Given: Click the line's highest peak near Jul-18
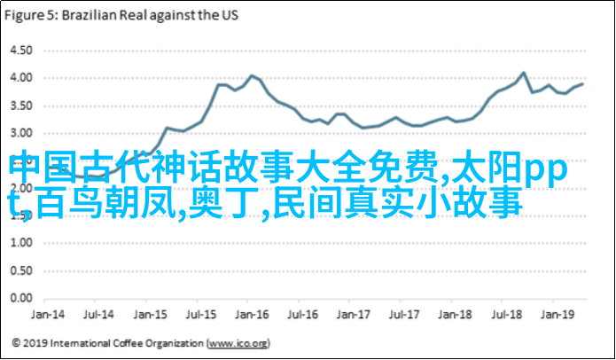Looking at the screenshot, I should click(x=523, y=73).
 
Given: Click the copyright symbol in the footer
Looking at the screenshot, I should click(x=16, y=342).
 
